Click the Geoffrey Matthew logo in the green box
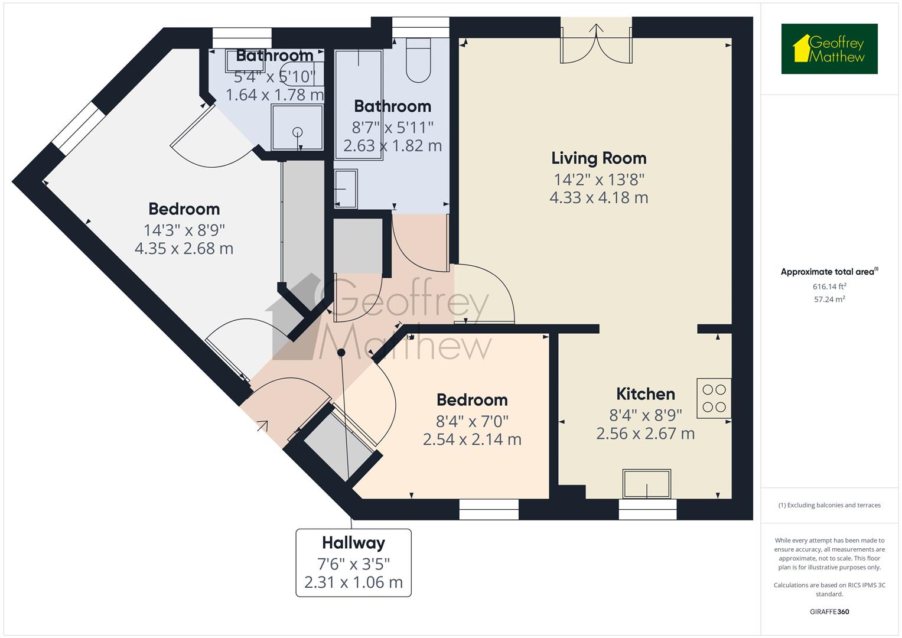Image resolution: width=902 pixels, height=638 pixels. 829,48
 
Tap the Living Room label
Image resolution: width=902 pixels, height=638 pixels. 599,158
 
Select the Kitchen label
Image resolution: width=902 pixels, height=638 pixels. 646,394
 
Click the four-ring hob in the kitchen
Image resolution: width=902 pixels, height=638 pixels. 714,398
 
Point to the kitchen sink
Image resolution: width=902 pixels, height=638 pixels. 647,484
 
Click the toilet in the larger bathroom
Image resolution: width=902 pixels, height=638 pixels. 418,60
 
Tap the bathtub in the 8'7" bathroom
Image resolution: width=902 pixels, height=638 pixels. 359,105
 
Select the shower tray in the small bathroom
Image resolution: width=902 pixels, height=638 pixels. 297,127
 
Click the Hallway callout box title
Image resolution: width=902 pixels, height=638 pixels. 354,542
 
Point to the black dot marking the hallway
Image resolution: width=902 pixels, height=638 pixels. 341,353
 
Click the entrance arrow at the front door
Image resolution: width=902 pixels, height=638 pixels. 263,425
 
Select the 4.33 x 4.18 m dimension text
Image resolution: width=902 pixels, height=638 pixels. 599,198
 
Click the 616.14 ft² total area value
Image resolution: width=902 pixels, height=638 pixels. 829,287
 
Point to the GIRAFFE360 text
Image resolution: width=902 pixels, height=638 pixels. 829,611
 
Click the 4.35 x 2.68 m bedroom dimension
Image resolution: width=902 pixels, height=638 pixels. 184,249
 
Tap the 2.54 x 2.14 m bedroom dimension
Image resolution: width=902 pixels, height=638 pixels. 472,439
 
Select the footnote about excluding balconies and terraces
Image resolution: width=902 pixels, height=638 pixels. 829,505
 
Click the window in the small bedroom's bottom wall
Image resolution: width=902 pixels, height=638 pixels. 489,509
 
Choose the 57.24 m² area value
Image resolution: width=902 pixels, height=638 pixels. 829,300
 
